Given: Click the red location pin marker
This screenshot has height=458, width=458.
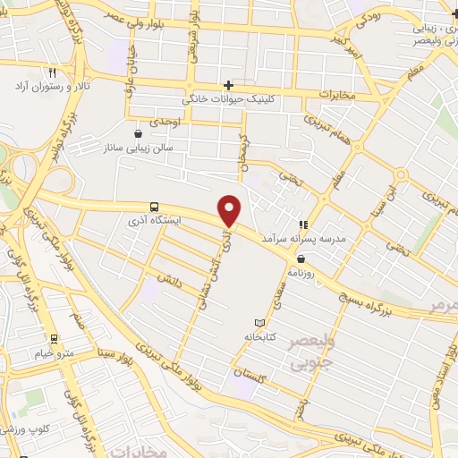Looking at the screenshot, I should point(230,210).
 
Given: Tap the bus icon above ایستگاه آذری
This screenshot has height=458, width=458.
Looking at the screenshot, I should point(156,206).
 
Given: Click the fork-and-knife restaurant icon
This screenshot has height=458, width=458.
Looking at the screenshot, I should point(53,73).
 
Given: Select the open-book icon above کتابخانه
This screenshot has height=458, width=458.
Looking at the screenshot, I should point(259,322).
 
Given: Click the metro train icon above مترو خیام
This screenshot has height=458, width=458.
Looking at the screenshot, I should point(54,339).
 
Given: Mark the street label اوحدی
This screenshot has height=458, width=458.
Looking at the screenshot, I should point(165,121).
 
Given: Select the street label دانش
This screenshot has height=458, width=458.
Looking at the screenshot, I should point(171,279).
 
